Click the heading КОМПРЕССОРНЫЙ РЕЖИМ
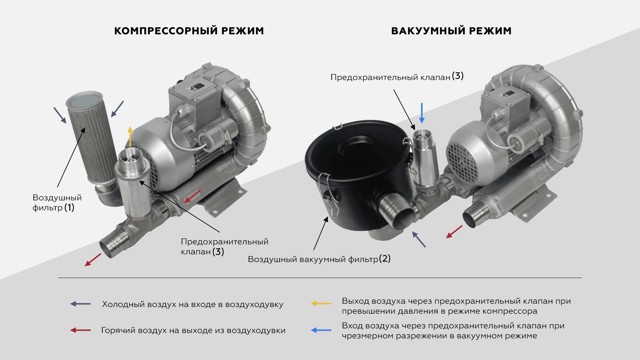[189, 31]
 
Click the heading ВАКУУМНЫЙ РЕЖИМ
[451, 31]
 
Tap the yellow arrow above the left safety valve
[130, 137]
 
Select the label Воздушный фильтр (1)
[57, 203]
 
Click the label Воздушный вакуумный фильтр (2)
[319, 259]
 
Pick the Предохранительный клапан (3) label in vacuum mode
[397, 77]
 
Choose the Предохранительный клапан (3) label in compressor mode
[224, 247]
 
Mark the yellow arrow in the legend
[321, 303]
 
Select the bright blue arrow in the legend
[321, 330]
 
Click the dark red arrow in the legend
[80, 330]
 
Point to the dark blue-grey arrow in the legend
[80, 304]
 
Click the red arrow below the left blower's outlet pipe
[93, 260]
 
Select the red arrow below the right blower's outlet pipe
[454, 232]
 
